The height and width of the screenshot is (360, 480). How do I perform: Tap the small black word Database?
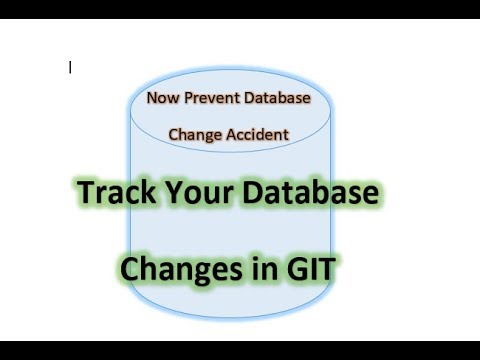tap(275, 99)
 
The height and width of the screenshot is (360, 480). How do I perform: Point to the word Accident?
tap(257, 133)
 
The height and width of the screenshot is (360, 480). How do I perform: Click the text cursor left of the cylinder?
tap(70, 68)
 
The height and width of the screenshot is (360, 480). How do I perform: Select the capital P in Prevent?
tap(187, 99)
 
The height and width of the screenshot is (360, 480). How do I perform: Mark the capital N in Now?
tap(151, 99)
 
